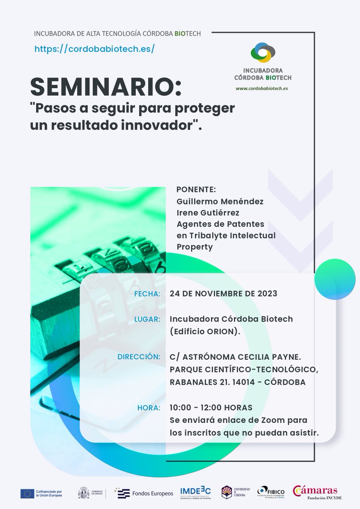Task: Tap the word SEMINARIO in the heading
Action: tap(105, 87)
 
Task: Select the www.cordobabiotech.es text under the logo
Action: tap(262, 89)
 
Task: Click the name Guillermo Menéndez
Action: tap(219, 201)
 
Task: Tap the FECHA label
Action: tap(147, 294)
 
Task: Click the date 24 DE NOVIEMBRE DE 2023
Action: tap(223, 294)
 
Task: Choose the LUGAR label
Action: tap(147, 319)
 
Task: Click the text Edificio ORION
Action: tap(205, 332)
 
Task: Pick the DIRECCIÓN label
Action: tap(139, 357)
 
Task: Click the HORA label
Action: tap(149, 408)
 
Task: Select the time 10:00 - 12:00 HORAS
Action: tap(211, 408)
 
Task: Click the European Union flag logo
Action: tap(27, 493)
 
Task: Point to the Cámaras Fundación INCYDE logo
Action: tap(318, 492)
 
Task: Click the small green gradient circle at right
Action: tap(332, 279)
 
